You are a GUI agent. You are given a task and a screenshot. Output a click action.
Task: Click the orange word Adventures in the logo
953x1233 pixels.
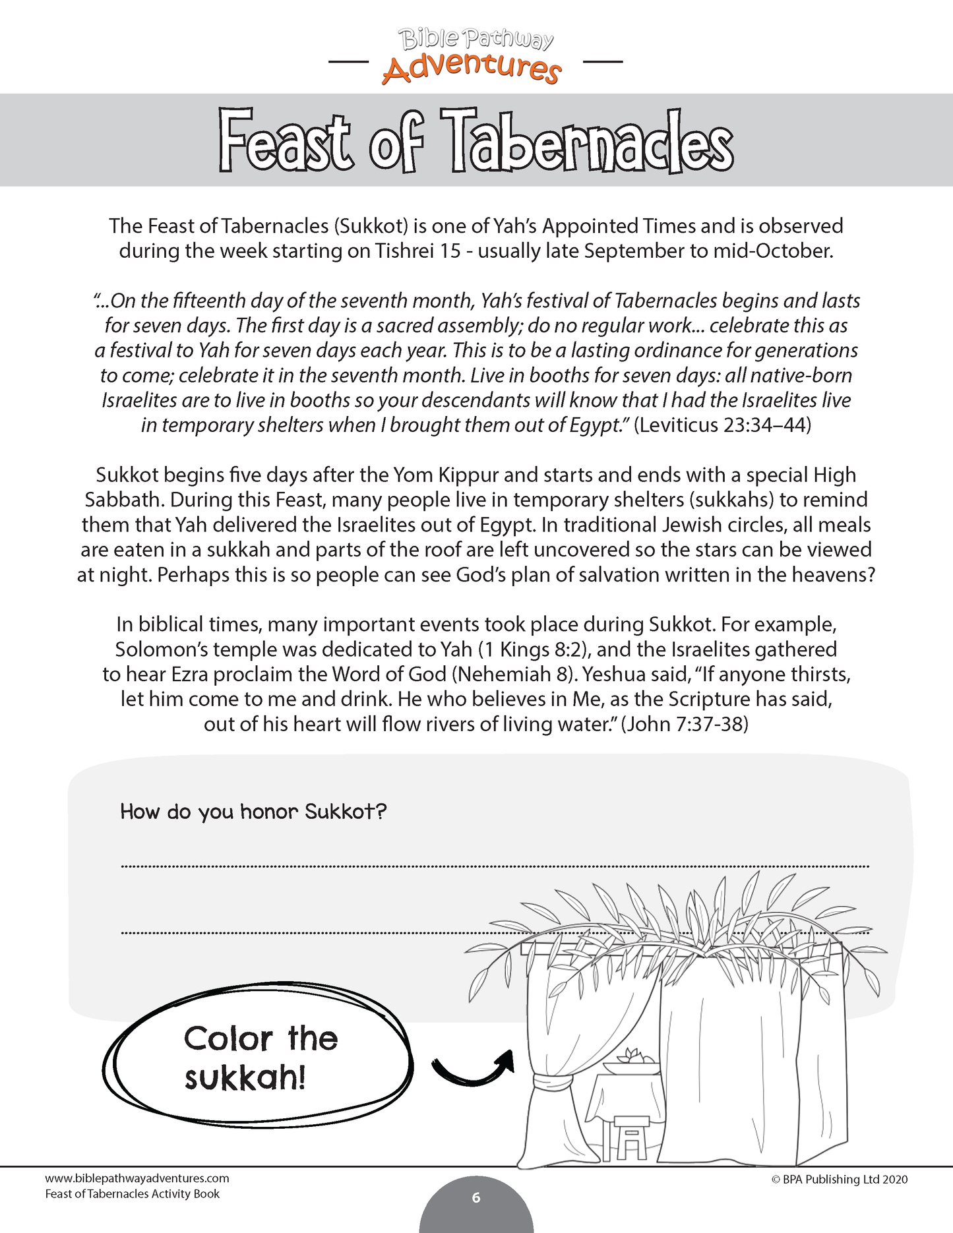pos(472,68)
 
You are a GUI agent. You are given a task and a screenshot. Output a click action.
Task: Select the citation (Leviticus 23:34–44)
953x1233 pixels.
pos(722,425)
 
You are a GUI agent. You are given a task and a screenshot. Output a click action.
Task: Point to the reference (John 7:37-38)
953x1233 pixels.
pos(685,724)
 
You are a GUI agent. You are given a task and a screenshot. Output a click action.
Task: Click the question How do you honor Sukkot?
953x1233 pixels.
pos(253,811)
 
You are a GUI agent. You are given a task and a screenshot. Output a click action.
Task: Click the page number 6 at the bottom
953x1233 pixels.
pos(476,1198)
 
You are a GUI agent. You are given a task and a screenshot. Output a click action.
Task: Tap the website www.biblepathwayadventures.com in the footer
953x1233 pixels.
pos(137,1178)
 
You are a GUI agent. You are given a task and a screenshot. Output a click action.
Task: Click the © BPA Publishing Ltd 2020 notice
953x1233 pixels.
pos(839,1180)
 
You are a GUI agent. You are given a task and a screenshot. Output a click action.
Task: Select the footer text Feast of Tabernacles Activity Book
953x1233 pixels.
pos(133,1194)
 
